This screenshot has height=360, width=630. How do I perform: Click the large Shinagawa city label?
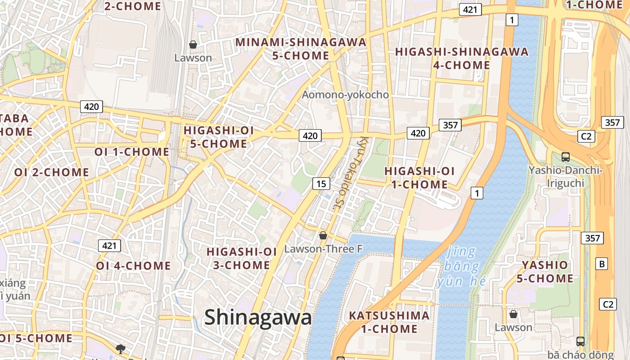pos(258,318)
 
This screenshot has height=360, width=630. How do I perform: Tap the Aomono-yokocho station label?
pos(345,95)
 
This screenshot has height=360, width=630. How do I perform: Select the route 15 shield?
pos(321,184)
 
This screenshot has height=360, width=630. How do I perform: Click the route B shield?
pos(602,264)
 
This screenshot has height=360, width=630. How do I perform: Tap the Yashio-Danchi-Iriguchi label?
pos(565,177)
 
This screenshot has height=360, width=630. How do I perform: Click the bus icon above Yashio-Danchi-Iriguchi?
pos(566,157)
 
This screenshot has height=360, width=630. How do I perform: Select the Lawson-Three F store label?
pos(324,249)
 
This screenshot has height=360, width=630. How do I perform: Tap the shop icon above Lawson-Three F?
pos(323,235)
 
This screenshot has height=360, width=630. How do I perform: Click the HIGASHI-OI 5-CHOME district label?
pos(219,137)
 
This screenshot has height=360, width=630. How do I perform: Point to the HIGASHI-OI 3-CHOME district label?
pos(242,258)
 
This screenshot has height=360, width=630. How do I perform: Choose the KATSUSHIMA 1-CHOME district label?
pos(389,322)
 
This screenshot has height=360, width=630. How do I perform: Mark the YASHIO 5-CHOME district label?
pos(544,272)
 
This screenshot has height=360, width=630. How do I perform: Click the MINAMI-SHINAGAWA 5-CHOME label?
pos(301,49)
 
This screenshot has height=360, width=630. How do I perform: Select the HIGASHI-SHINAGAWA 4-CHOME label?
pos(462,58)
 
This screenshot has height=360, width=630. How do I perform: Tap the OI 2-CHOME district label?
pos(52,172)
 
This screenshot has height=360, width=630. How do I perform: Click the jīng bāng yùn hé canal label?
pos(462,267)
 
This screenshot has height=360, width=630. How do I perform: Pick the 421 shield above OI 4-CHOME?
pos(109,246)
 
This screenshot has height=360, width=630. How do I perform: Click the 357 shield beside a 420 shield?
pos(450,125)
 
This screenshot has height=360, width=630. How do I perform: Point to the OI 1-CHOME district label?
pos(132,152)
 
